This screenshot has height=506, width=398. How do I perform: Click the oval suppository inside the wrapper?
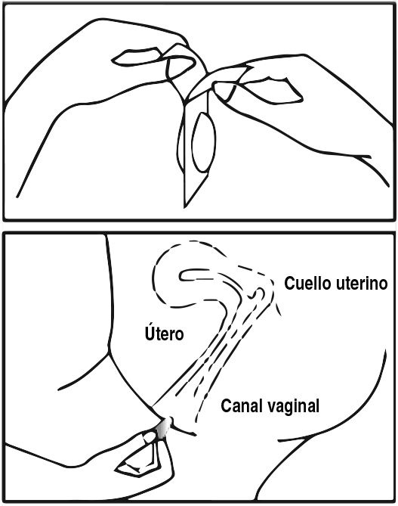(204, 142)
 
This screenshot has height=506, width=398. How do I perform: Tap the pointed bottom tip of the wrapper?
(185, 206)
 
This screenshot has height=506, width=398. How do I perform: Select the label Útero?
(164, 333)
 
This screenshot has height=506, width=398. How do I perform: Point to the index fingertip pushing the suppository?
(150, 438)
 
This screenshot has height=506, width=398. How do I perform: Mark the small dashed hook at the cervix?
(260, 293)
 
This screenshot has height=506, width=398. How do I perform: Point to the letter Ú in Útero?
(149, 333)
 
